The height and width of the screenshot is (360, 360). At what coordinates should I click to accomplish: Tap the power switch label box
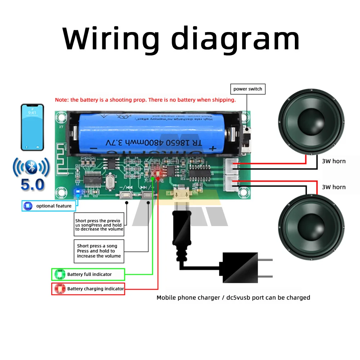coord(248,89)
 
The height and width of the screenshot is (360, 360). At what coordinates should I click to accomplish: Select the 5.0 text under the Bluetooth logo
coord(32,184)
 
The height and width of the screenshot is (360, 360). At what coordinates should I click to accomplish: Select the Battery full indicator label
coord(88,274)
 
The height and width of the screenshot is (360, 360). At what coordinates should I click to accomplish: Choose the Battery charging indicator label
coord(88,289)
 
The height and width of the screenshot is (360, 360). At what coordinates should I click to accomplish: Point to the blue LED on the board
coord(76,192)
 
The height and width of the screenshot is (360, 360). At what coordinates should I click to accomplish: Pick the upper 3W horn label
coord(334,161)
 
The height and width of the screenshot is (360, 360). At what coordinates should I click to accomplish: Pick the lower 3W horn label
coord(334,187)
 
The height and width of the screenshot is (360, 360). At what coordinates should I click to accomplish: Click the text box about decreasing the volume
coord(99,225)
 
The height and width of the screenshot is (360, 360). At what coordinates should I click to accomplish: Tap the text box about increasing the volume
coord(99,251)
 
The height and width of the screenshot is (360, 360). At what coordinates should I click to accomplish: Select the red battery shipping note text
coord(145,100)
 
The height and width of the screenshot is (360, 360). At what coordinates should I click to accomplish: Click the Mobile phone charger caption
coord(233,298)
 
